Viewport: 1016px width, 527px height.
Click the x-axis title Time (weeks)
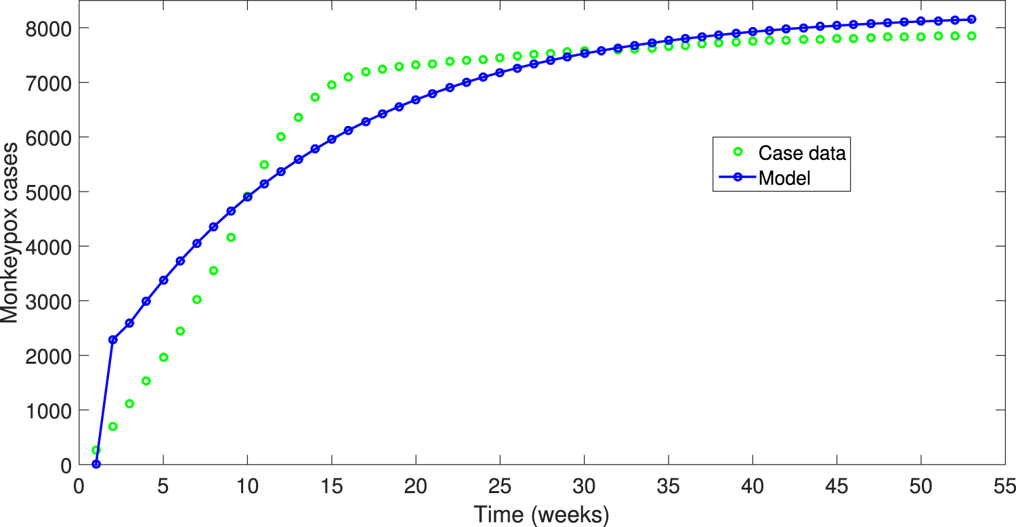click(541, 514)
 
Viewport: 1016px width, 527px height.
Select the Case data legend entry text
click(802, 153)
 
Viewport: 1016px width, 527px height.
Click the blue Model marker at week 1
click(96, 464)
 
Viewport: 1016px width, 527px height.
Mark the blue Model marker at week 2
click(113, 339)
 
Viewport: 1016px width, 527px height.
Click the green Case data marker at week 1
click(96, 450)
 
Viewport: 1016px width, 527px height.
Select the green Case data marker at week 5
click(163, 357)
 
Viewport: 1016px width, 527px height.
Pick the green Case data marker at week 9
click(231, 237)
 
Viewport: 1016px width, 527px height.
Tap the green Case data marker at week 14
click(315, 97)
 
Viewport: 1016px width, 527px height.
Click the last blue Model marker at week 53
click(971, 20)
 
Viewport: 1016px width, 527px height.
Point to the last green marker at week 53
click(971, 36)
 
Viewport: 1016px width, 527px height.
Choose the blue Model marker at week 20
click(416, 100)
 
